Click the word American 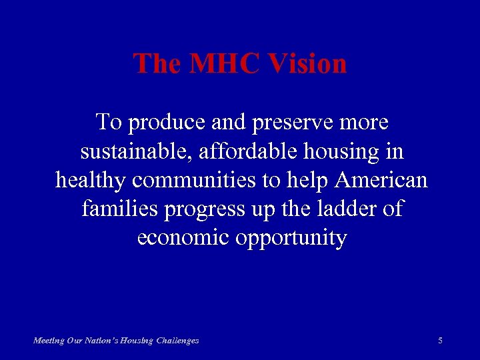coord(383,181)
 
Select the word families coord(118,209)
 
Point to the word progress coord(206,209)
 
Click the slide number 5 coord(441,341)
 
